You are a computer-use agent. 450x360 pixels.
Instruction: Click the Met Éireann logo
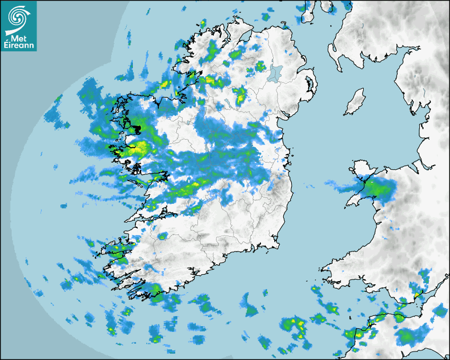click(19, 25)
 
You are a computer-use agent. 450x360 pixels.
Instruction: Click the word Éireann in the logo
click(19, 46)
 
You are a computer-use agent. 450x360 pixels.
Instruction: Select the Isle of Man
click(355, 102)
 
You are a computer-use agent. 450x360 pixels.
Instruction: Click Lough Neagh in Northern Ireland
click(276, 73)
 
